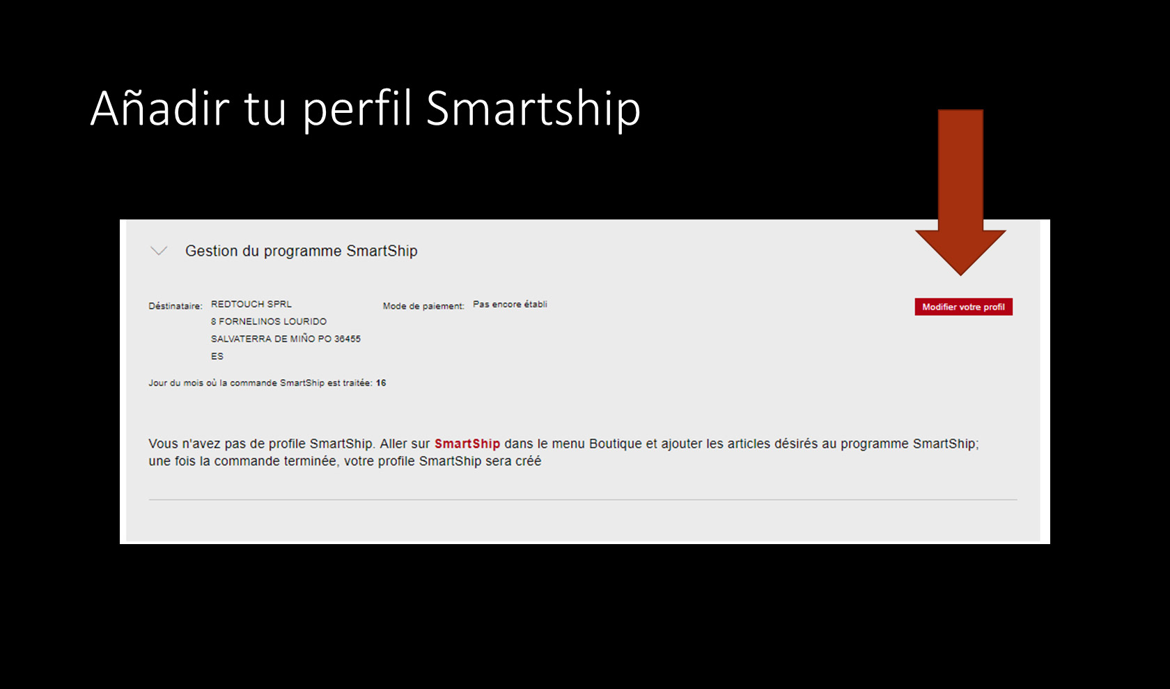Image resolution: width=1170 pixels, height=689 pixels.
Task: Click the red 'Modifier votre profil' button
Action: [x=963, y=307]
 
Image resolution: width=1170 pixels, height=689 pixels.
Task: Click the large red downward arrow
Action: [x=960, y=192]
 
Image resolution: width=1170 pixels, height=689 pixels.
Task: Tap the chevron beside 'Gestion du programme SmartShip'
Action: [x=159, y=251]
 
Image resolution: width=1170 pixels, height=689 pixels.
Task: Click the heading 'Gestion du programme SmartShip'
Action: [x=302, y=251]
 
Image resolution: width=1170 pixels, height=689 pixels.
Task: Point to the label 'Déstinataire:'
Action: [x=175, y=306]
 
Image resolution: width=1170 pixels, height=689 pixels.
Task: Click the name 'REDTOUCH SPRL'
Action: [x=251, y=304]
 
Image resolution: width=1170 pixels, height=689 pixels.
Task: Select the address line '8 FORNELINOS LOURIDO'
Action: [x=269, y=321]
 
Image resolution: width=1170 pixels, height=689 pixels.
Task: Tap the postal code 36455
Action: [x=348, y=339]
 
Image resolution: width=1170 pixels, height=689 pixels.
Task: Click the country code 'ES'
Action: [x=217, y=356]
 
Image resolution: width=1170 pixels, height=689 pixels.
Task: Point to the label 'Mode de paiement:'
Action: [x=423, y=306]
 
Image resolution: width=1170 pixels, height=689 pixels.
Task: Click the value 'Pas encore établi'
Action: [x=510, y=304]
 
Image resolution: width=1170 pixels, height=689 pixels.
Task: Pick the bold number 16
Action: [x=381, y=383]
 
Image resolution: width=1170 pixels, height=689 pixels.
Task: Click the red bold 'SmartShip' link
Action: [x=467, y=444]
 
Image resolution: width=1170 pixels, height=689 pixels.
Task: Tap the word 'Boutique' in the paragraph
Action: [x=616, y=444]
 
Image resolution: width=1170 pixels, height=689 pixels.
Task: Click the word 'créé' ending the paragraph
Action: [x=528, y=461]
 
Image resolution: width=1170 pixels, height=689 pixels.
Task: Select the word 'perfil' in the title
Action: [x=357, y=109]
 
